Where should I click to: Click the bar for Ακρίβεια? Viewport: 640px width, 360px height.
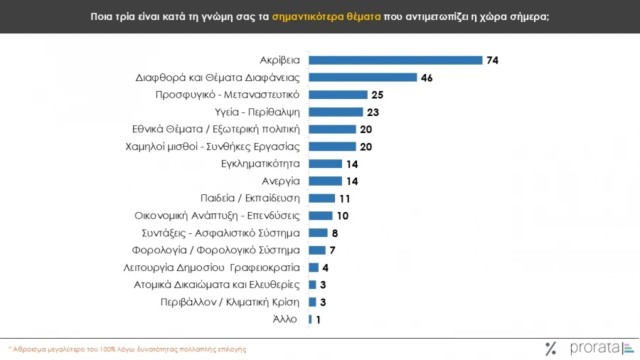coord(395,60)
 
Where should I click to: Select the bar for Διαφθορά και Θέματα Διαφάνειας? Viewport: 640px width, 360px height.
coord(363,78)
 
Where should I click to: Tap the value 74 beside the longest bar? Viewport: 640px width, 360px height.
coord(492,60)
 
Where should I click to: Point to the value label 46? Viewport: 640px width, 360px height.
coord(427,78)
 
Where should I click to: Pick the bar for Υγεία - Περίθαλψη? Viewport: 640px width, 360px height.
coord(336,112)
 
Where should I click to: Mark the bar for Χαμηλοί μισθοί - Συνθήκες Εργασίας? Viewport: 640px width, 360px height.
coord(332,147)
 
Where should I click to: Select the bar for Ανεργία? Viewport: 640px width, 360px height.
coord(325,181)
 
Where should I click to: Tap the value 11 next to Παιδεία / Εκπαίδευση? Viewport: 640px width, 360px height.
coord(345,198)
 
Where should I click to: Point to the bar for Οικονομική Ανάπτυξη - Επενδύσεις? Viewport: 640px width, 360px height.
coord(321,216)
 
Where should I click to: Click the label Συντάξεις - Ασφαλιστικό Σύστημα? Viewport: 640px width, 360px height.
coord(220,233)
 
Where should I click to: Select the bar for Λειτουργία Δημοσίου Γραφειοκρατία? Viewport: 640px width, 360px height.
coord(314,268)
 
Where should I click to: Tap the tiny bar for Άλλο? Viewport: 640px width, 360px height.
coord(310,319)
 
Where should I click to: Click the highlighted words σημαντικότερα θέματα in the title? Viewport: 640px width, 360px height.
coord(326,16)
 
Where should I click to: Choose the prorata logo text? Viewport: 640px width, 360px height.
coord(594,348)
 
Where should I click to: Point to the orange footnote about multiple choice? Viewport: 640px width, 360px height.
coord(128,349)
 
